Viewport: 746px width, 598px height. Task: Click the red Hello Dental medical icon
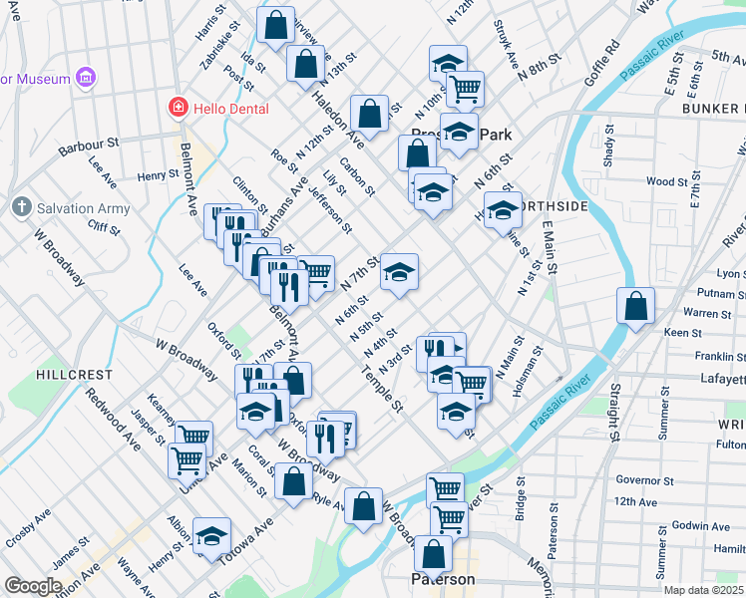(x=178, y=106)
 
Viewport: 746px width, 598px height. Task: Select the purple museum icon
(x=86, y=77)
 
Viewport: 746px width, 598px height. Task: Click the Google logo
(x=33, y=586)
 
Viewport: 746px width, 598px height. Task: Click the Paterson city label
(x=443, y=579)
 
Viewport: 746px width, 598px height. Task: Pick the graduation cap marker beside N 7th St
(x=399, y=272)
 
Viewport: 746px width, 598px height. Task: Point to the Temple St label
(x=382, y=392)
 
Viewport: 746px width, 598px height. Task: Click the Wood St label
(x=661, y=181)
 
